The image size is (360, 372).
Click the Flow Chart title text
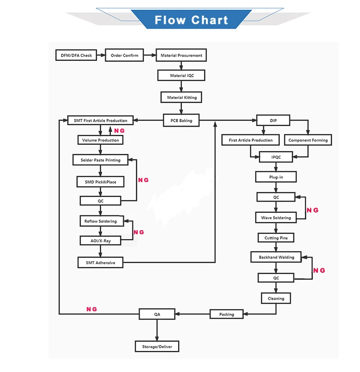(191, 20)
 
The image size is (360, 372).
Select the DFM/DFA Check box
(76, 56)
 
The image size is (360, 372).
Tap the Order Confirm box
(124, 56)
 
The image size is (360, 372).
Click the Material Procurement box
(181, 56)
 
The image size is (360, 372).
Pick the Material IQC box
(181, 76)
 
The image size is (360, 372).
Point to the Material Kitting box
(181, 98)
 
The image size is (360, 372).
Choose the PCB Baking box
(181, 121)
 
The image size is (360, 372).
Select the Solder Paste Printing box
(101, 160)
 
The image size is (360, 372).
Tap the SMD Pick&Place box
(97, 182)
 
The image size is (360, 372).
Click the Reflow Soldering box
(101, 221)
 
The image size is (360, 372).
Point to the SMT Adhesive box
(101, 263)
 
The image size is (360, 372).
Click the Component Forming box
(308, 140)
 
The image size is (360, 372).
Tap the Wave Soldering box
(276, 218)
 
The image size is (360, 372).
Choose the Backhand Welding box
(276, 257)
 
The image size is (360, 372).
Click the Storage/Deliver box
(157, 347)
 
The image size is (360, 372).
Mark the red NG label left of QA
(92, 310)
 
